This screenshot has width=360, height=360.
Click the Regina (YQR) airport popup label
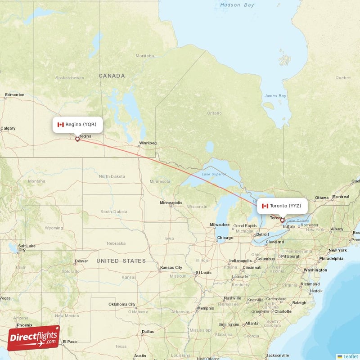point(77,125)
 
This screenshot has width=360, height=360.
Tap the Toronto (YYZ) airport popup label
point(282,206)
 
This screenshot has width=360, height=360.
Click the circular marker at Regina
point(77,139)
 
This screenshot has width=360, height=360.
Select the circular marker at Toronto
point(282,220)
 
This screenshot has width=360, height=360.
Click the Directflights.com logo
point(34,338)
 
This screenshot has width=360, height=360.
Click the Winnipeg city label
point(148,143)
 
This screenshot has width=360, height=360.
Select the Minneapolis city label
point(171,203)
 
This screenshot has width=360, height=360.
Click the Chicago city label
point(225,238)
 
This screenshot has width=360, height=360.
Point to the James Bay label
point(275,96)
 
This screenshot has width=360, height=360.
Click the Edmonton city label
point(14,95)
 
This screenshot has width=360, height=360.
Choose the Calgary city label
point(8,128)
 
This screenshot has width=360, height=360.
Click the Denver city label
point(81,261)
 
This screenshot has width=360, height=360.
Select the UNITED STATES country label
point(121,261)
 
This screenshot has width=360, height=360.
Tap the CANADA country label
point(112,76)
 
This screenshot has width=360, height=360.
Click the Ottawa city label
point(322,198)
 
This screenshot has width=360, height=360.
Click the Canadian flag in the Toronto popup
point(265,206)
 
